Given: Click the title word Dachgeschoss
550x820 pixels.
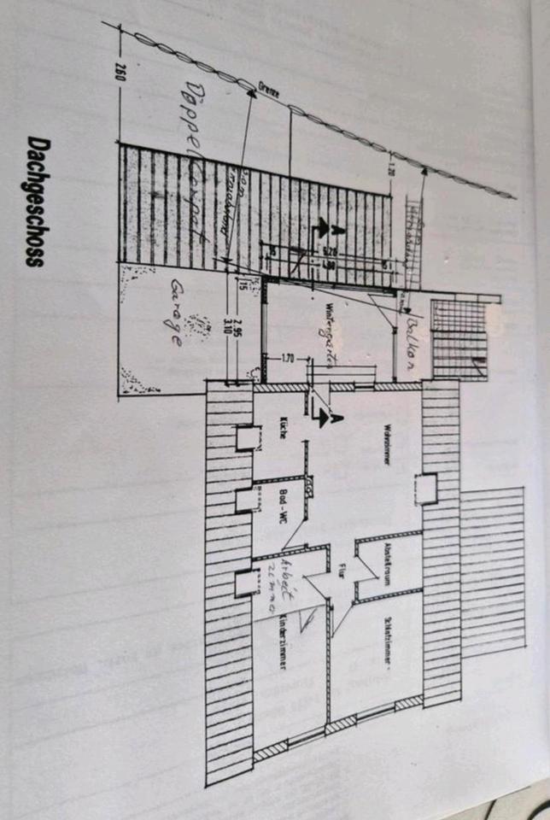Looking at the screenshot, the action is pos(33,202).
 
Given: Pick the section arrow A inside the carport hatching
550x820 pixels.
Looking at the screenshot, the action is pos(321,228).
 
